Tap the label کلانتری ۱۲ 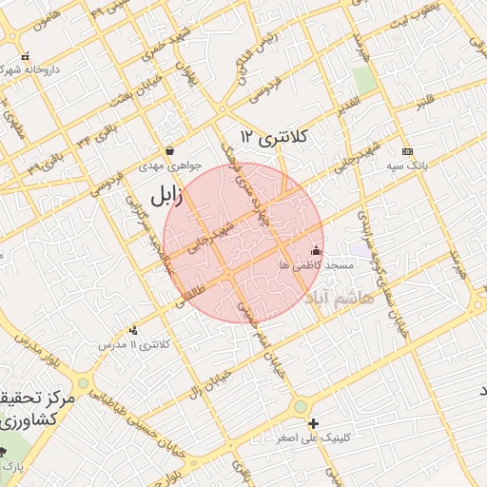276,136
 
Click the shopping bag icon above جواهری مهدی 169,150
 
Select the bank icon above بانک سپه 407,151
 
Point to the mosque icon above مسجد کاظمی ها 317,250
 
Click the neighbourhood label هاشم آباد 342,297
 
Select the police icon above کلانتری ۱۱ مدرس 132,330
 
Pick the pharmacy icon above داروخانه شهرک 25,56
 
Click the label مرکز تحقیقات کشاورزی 29,407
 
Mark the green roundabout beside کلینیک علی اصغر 301,406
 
